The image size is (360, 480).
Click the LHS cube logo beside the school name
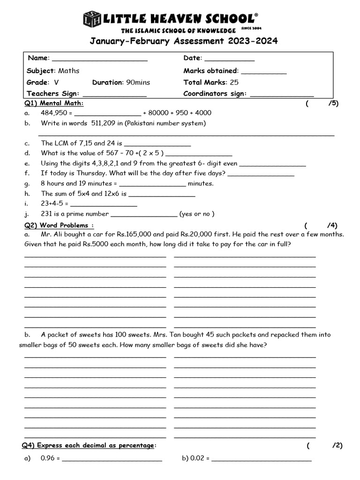pyautogui.click(x=91, y=19)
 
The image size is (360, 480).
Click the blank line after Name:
pyautogui.click(x=99, y=60)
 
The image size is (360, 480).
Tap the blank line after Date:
pyautogui.click(x=230, y=60)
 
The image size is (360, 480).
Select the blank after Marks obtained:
pyautogui.click(x=263, y=73)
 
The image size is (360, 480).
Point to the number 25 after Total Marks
pyautogui.click(x=234, y=82)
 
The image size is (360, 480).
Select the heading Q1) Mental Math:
pyautogui.click(x=54, y=104)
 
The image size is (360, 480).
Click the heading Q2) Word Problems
pyautogui.click(x=59, y=225)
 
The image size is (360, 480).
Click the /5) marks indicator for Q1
pyautogui.click(x=333, y=104)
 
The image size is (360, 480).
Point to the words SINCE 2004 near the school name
pyautogui.click(x=251, y=28)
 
